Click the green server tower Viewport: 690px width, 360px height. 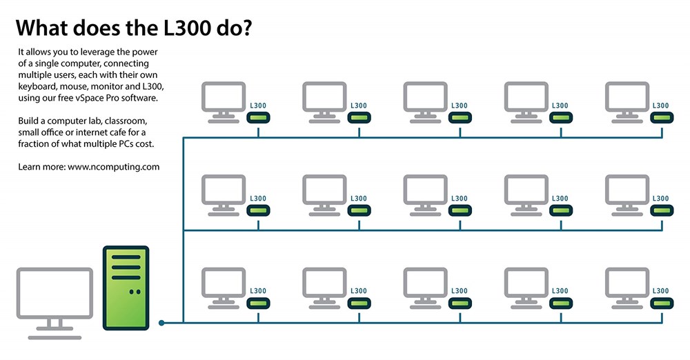(126, 288)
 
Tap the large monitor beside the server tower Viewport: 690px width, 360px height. (55, 303)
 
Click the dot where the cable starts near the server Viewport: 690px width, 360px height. (161, 323)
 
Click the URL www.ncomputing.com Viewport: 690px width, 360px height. (114, 167)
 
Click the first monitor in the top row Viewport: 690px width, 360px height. (224, 102)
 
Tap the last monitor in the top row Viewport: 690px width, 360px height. (627, 102)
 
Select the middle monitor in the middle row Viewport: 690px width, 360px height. (425, 195)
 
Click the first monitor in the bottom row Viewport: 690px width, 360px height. (224, 288)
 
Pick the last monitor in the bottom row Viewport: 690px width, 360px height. (627, 288)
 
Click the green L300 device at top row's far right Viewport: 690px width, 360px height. (662, 117)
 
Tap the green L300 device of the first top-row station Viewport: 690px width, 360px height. (258, 117)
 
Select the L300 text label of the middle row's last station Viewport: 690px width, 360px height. (660, 199)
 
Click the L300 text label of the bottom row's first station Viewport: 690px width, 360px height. (258, 291)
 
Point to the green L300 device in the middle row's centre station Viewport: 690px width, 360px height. (460, 210)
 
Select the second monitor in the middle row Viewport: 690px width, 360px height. (324, 195)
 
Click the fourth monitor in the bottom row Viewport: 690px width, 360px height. (526, 288)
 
